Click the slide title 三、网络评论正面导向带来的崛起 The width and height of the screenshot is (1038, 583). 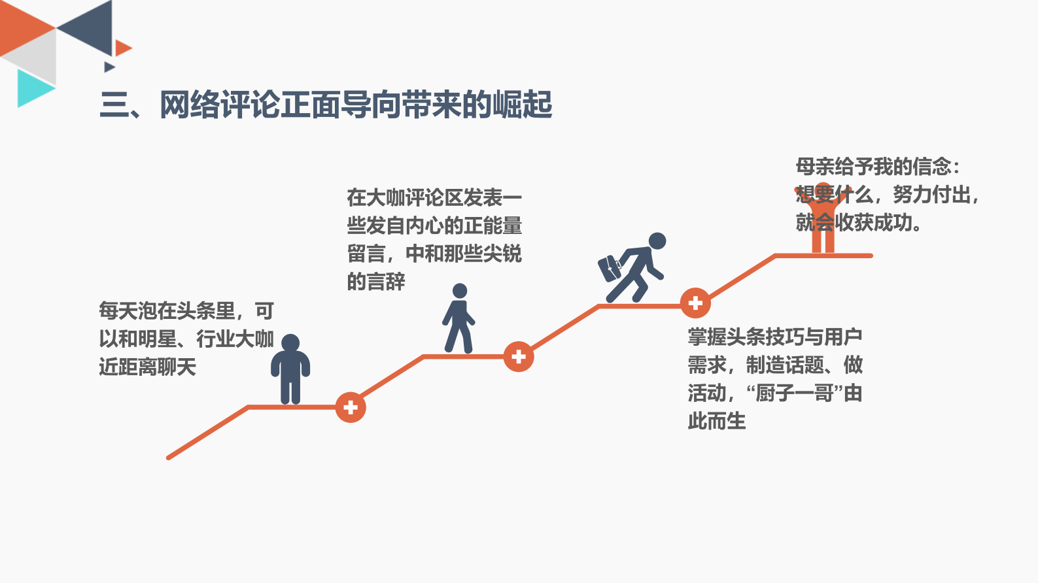click(x=326, y=105)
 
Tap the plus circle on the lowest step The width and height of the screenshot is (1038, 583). click(x=351, y=407)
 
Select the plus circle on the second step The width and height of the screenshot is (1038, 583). click(x=519, y=357)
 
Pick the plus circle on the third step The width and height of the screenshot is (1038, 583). click(x=695, y=303)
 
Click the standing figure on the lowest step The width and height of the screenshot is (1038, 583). click(x=290, y=369)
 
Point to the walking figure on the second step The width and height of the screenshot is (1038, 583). click(x=459, y=319)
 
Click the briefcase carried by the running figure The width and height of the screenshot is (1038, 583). click(x=610, y=268)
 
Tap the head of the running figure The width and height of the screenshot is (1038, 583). click(x=657, y=241)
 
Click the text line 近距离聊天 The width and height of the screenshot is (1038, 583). click(x=148, y=367)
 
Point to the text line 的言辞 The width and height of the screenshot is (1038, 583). click(x=376, y=282)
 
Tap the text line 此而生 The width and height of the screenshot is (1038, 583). click(x=717, y=421)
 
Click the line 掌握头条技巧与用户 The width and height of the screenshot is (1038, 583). click(x=775, y=337)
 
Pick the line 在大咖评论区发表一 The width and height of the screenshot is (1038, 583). click(x=434, y=197)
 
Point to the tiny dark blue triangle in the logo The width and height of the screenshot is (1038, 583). click(x=109, y=67)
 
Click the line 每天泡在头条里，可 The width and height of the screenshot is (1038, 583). click(x=186, y=310)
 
